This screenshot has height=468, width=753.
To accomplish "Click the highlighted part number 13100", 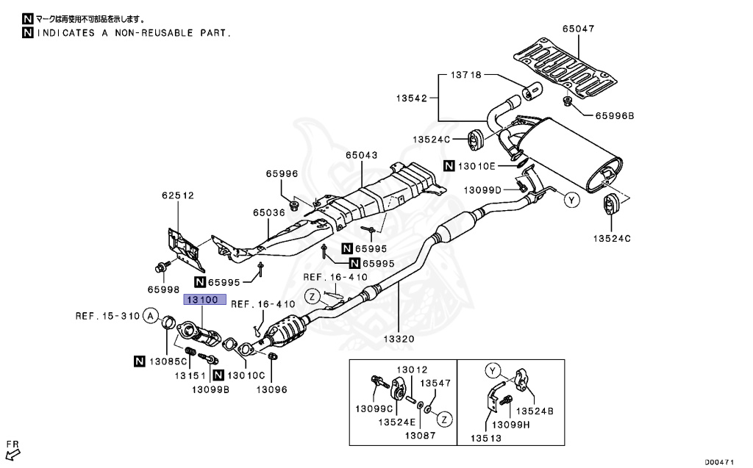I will [x=200, y=300].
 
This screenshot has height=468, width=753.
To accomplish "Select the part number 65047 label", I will [x=578, y=29].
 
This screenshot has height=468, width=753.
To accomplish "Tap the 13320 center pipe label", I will [x=399, y=339].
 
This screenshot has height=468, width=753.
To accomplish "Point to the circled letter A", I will [x=150, y=317].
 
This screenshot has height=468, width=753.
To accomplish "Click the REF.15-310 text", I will [x=107, y=317].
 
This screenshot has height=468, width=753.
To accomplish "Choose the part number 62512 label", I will [x=177, y=195].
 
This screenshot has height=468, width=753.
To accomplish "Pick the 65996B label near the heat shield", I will [x=614, y=115].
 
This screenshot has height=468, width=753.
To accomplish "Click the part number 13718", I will [x=466, y=75].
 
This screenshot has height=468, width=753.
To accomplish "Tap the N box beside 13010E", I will [x=449, y=166].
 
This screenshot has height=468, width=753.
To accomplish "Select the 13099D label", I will [x=482, y=190].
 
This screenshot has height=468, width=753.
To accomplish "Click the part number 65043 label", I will [x=362, y=156].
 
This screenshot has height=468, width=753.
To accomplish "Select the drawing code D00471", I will [x=721, y=461].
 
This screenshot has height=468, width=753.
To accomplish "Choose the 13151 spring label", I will [x=189, y=375].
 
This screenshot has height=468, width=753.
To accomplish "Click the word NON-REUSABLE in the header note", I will [x=163, y=33].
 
